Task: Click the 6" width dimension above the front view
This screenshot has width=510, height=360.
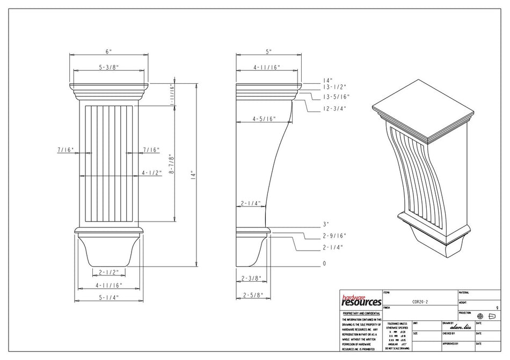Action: click(x=109, y=52)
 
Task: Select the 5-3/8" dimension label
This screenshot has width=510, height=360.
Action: click(x=108, y=68)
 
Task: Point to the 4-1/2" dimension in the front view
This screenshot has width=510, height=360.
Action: click(x=150, y=173)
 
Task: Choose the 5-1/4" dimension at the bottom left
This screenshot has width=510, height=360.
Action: click(x=109, y=297)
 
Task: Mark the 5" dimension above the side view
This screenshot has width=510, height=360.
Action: click(x=268, y=52)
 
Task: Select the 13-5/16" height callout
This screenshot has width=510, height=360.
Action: click(x=336, y=97)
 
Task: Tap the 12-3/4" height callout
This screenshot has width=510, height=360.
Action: click(x=334, y=108)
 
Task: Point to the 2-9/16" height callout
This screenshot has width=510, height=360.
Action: click(x=334, y=236)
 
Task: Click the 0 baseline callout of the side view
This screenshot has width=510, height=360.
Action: click(x=324, y=264)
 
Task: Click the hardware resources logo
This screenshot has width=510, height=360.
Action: click(x=361, y=300)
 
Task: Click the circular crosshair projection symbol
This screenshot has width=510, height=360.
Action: click(x=480, y=316)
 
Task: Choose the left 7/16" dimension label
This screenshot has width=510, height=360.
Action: click(x=66, y=150)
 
